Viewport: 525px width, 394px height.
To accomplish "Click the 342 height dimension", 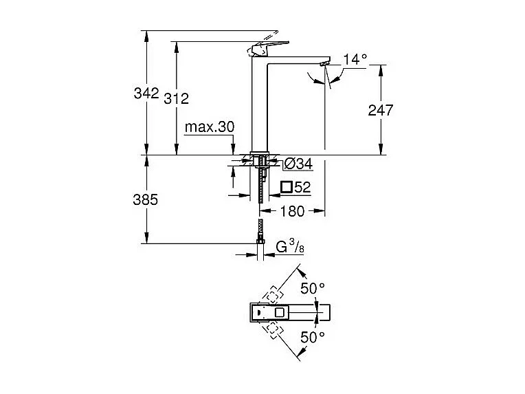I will click(x=146, y=92).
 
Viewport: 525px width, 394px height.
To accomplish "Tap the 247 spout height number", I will click(x=380, y=109).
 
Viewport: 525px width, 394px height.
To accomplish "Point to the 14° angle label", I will click(x=355, y=60).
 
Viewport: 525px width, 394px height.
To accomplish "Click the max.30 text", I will click(x=209, y=127).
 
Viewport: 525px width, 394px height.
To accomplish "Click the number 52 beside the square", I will click(x=303, y=186).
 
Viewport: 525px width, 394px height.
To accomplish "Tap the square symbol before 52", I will click(x=287, y=186).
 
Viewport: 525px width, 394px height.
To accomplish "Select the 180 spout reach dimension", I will click(x=291, y=210).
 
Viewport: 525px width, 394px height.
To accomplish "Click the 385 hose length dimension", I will click(x=146, y=199).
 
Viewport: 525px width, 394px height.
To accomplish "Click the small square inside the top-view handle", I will click(x=279, y=313).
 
